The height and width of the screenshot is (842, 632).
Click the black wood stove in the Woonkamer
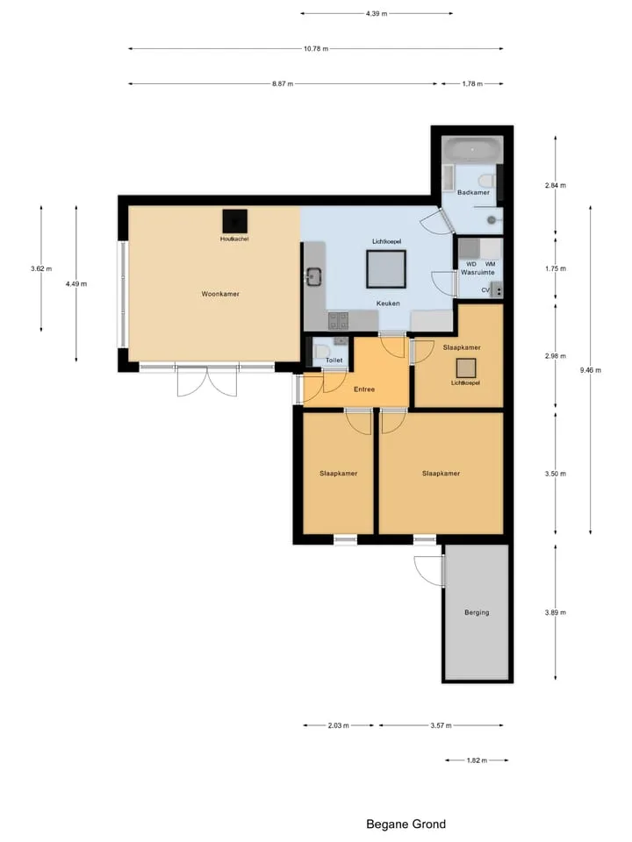point(235,221)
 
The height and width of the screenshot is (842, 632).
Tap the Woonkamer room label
point(220,294)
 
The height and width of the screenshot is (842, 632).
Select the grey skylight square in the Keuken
point(386,269)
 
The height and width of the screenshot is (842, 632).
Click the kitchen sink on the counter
point(313,276)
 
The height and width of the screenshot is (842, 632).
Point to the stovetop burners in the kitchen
point(338,321)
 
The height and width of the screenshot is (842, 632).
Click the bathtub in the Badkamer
point(472,149)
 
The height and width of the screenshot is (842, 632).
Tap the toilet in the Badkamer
point(488,180)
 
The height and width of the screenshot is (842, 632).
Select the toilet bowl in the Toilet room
point(322,353)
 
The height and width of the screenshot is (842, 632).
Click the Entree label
point(363,389)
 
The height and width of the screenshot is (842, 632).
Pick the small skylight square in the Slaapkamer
point(466,368)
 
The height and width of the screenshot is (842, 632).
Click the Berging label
point(477,612)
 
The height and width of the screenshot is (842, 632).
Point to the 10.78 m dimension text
point(315,48)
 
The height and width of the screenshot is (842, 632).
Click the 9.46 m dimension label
point(590,370)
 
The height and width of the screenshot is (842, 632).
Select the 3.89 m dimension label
point(555,612)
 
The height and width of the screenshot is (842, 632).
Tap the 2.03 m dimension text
point(338,725)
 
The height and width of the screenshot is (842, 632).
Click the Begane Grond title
point(406,824)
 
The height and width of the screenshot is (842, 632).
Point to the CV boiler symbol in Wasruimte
point(497,290)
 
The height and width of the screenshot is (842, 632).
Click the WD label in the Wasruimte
point(471,264)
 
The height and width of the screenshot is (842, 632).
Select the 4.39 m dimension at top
point(377,13)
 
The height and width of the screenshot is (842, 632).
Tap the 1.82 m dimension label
point(477,760)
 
